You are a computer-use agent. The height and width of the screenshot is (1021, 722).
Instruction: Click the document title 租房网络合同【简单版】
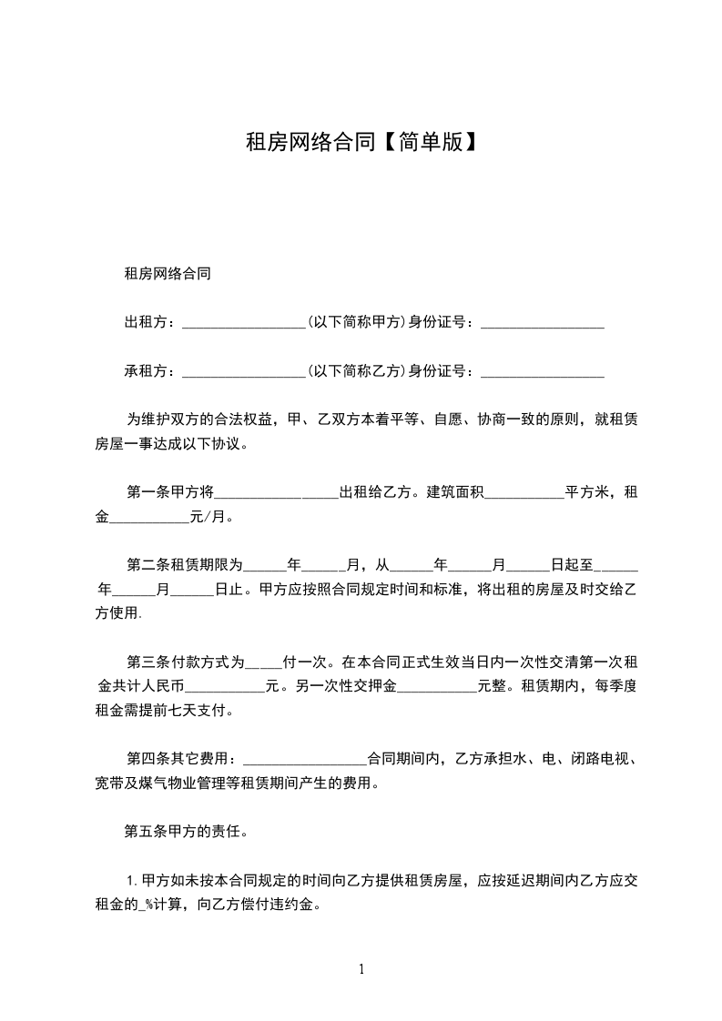(361, 142)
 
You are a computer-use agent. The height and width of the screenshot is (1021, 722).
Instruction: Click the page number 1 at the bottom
(361, 969)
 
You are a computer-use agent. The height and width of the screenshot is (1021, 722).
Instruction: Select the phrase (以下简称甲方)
(355, 321)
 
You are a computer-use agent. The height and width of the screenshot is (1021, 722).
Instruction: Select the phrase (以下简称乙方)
(355, 370)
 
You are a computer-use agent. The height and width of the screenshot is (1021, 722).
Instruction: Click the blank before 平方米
(524, 494)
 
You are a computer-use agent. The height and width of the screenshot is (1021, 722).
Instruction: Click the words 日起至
(570, 564)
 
